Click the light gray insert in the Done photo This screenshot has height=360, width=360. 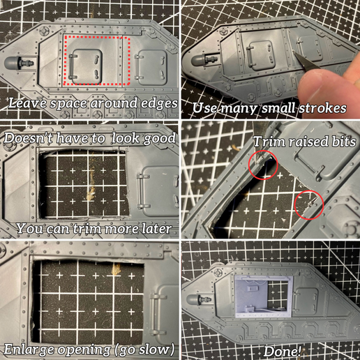pos(261,292)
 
